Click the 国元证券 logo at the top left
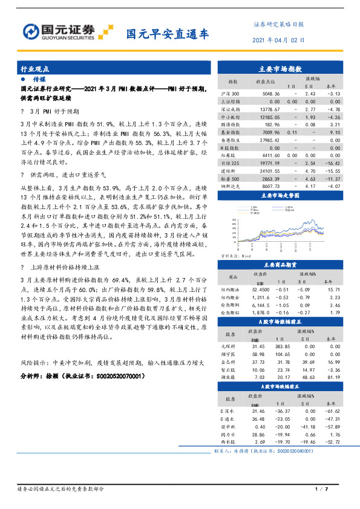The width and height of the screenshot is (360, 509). click(x=67, y=31)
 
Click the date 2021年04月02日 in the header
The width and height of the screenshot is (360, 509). click(x=277, y=40)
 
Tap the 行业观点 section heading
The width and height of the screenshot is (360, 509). click(x=36, y=69)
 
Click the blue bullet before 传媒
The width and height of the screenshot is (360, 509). click(x=23, y=79)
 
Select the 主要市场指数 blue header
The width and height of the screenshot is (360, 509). click(x=284, y=69)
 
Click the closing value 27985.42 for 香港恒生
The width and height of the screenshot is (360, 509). click(x=267, y=140)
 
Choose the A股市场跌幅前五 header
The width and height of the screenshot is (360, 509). click(x=284, y=386)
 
